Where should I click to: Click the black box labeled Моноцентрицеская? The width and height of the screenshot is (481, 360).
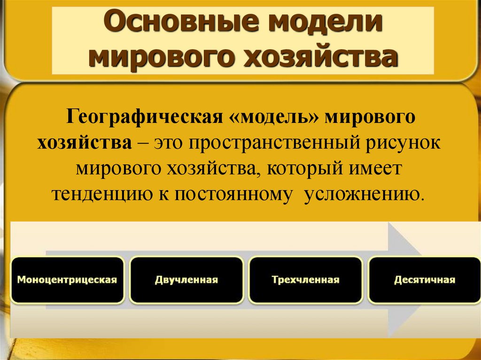tap(67, 280)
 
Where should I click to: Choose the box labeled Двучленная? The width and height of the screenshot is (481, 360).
tap(186, 280)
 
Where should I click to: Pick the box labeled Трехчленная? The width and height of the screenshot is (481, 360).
tap(305, 280)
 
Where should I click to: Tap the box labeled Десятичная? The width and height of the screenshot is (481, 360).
tap(425, 280)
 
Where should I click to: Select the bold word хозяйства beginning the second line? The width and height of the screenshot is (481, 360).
tap(85, 142)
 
